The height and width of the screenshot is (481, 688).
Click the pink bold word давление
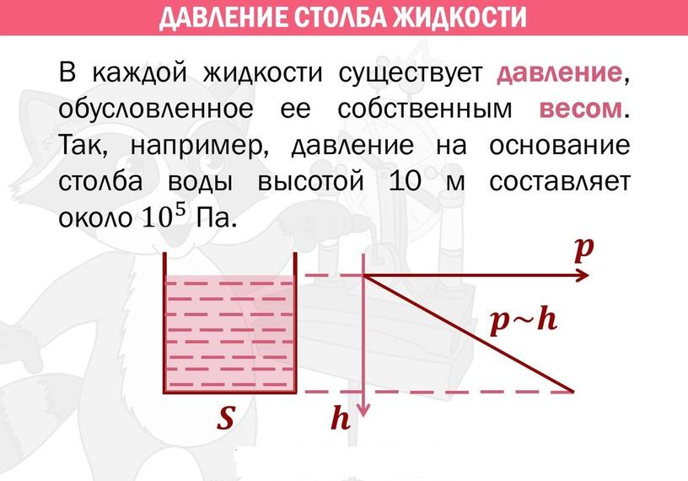click(x=560, y=72)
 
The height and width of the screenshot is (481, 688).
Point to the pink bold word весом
click(x=580, y=110)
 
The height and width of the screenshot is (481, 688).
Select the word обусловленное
click(x=156, y=109)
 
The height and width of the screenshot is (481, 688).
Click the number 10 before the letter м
click(x=405, y=181)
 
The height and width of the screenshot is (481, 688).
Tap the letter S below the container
click(x=227, y=418)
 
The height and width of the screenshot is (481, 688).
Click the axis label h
click(x=341, y=418)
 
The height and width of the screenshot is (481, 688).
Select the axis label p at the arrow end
click(x=584, y=250)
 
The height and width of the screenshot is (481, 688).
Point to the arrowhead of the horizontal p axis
click(x=583, y=275)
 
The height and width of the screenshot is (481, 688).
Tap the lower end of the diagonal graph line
click(x=573, y=391)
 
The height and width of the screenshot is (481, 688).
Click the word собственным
click(x=425, y=110)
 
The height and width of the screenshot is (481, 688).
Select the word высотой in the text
click(x=310, y=181)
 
